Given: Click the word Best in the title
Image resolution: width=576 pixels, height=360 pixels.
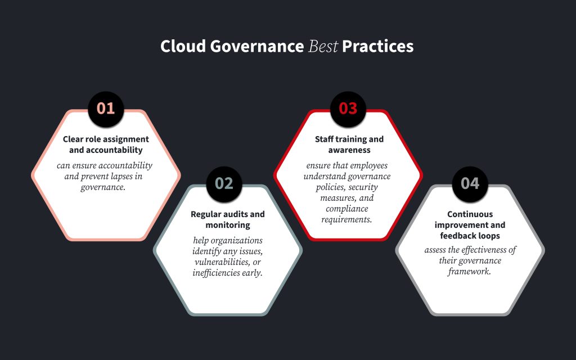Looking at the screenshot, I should [x=323, y=47].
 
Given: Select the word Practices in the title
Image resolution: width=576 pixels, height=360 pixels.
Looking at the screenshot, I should [x=377, y=47].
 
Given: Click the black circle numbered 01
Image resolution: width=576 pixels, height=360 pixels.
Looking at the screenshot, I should [x=106, y=108].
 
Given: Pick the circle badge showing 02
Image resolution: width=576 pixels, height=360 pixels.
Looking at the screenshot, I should [x=224, y=183].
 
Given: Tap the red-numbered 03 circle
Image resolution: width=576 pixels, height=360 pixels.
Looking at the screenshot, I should [x=348, y=108].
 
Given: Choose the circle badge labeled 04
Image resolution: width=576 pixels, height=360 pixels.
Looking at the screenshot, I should [x=470, y=183].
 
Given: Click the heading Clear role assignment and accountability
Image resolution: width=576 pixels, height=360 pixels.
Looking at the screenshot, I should [x=106, y=145].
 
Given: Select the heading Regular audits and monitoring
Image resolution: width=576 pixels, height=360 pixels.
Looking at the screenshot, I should [x=228, y=219].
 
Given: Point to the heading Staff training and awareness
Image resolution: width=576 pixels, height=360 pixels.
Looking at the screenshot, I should [x=349, y=145].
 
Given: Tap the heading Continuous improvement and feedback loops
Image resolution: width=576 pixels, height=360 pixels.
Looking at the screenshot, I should [x=470, y=225].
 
